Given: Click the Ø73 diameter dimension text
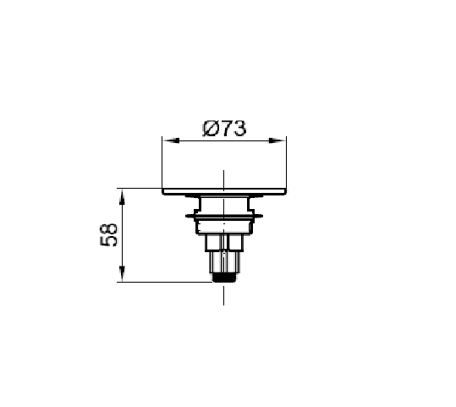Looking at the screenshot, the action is (224, 129).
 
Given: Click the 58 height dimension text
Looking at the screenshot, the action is (109, 235).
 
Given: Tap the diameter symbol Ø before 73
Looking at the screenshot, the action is (211, 129).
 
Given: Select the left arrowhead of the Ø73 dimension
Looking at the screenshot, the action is (171, 140).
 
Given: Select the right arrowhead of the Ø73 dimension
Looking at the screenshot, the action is (277, 140).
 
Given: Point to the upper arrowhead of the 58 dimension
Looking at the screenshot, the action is (123, 197).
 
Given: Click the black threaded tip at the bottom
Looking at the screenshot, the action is (224, 278).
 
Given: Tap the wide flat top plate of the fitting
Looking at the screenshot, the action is (224, 191).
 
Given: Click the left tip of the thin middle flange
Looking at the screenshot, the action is (186, 216).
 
